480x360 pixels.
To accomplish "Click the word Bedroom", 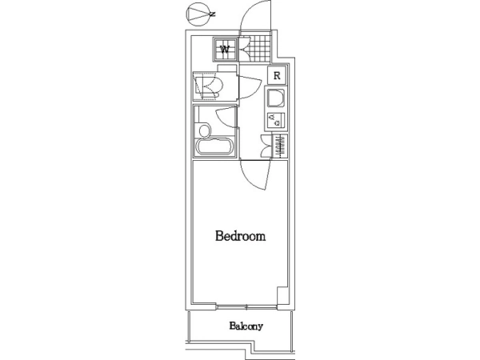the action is click(x=240, y=236).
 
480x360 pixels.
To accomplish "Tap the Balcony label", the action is click(x=246, y=326).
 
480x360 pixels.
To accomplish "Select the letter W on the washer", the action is click(x=225, y=49).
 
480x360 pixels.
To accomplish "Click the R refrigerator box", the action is click(x=277, y=75).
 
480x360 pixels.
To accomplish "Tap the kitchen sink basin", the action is click(x=276, y=98).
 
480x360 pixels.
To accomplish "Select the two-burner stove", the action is click(x=276, y=120).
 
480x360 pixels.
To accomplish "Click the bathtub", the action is click(x=215, y=147).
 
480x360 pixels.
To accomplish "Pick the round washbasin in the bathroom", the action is click(x=205, y=130).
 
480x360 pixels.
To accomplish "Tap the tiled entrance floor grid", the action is click(x=259, y=50).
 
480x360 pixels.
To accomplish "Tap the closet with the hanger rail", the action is click(x=280, y=146).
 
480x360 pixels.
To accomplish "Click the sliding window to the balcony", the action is click(x=246, y=306).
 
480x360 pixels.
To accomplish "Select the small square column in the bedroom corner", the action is click(x=282, y=295).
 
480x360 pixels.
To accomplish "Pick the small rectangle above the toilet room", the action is click(x=227, y=68).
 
